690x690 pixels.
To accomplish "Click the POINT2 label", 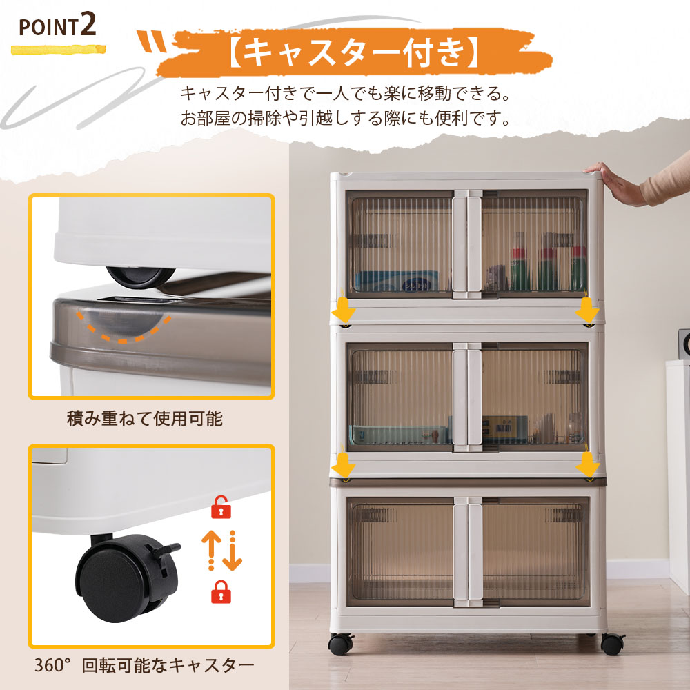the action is coord(57,26).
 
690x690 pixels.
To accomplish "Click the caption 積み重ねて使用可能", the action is coord(145,419).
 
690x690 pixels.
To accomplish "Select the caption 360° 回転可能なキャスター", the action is coord(144,665).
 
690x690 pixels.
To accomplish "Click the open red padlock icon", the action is coord(221,507).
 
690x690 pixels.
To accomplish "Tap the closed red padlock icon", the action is coord(221,591).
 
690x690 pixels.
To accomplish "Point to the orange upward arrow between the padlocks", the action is coord(210,550).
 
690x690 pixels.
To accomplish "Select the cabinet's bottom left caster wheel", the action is coord(340,644).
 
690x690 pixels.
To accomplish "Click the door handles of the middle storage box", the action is coord(467,397).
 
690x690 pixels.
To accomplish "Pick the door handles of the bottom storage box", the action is coord(467,552).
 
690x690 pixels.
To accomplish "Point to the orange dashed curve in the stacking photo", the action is coord(124,328).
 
